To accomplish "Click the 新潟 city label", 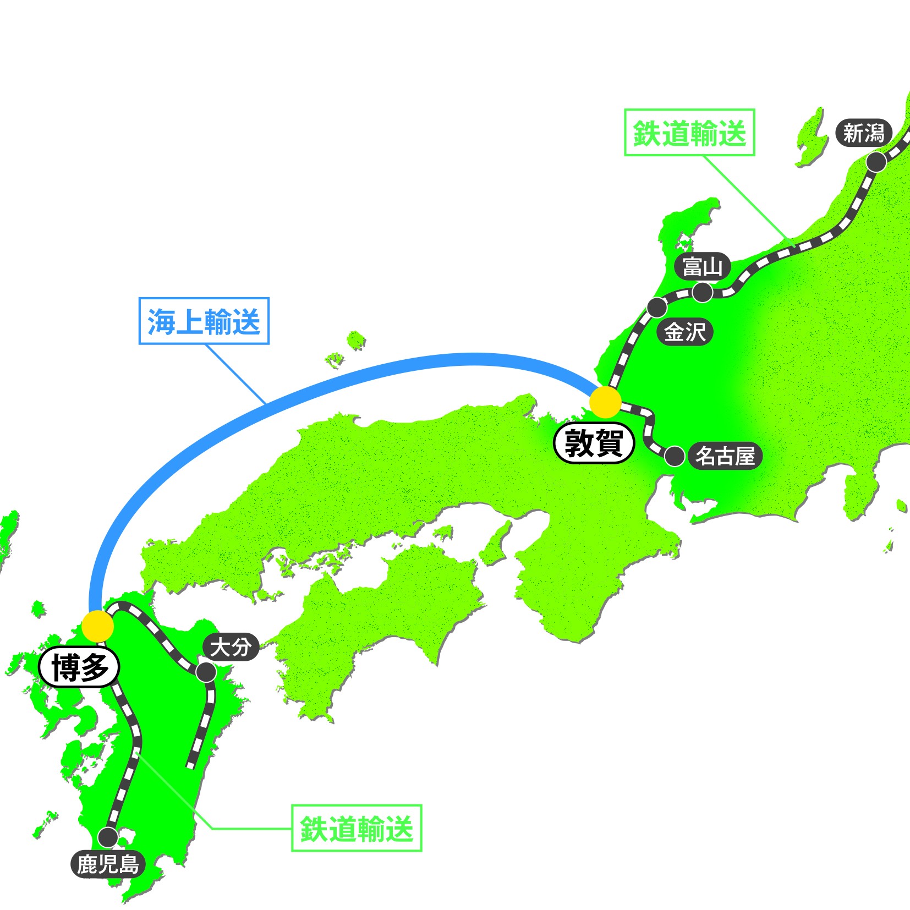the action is click(863, 133).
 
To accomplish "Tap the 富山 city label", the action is click(703, 267).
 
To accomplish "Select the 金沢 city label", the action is click(684, 332).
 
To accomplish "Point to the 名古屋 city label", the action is click(725, 456).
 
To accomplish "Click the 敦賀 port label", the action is click(594, 443).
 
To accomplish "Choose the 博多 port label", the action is click(79, 667).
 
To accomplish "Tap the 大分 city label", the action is click(231, 647).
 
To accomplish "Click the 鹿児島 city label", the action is click(108, 864).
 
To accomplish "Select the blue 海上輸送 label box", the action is click(204, 321).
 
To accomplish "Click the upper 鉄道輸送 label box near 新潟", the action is click(689, 133).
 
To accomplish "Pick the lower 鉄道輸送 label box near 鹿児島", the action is click(357, 828).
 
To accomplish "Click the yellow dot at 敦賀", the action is click(605, 402).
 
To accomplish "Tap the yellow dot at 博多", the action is click(97, 626).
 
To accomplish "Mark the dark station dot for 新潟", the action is click(876, 162).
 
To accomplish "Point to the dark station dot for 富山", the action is click(703, 292).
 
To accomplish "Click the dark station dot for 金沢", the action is click(657, 308).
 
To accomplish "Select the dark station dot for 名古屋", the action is click(675, 457).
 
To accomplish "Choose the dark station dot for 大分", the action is click(206, 672).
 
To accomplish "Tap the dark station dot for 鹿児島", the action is click(108, 837).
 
